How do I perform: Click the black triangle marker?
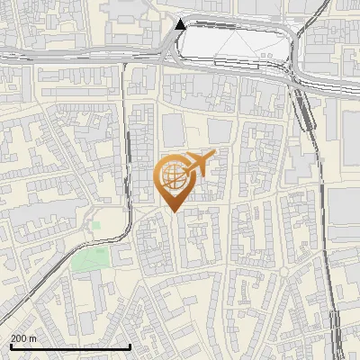[181, 24]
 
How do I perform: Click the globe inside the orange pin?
[171, 176]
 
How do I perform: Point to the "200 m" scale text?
[23, 338]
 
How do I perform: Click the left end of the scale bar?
[10, 346]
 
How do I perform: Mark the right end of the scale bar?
[131, 346]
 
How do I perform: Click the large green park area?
[89, 260]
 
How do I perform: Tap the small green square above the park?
[95, 225]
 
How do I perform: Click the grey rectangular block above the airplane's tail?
[219, 130]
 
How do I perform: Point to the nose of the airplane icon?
[213, 155]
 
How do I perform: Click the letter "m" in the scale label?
[32, 338]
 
